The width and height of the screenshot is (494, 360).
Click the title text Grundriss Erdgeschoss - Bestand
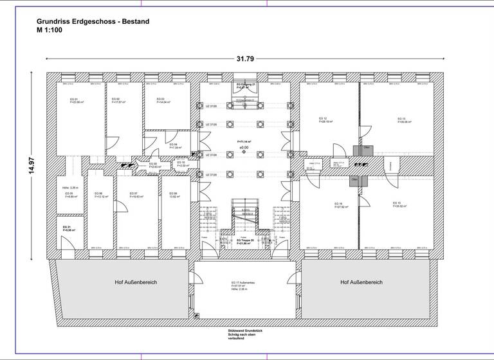93,21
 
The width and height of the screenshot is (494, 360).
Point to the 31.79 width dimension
245,59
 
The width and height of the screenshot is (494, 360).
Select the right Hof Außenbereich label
361,282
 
